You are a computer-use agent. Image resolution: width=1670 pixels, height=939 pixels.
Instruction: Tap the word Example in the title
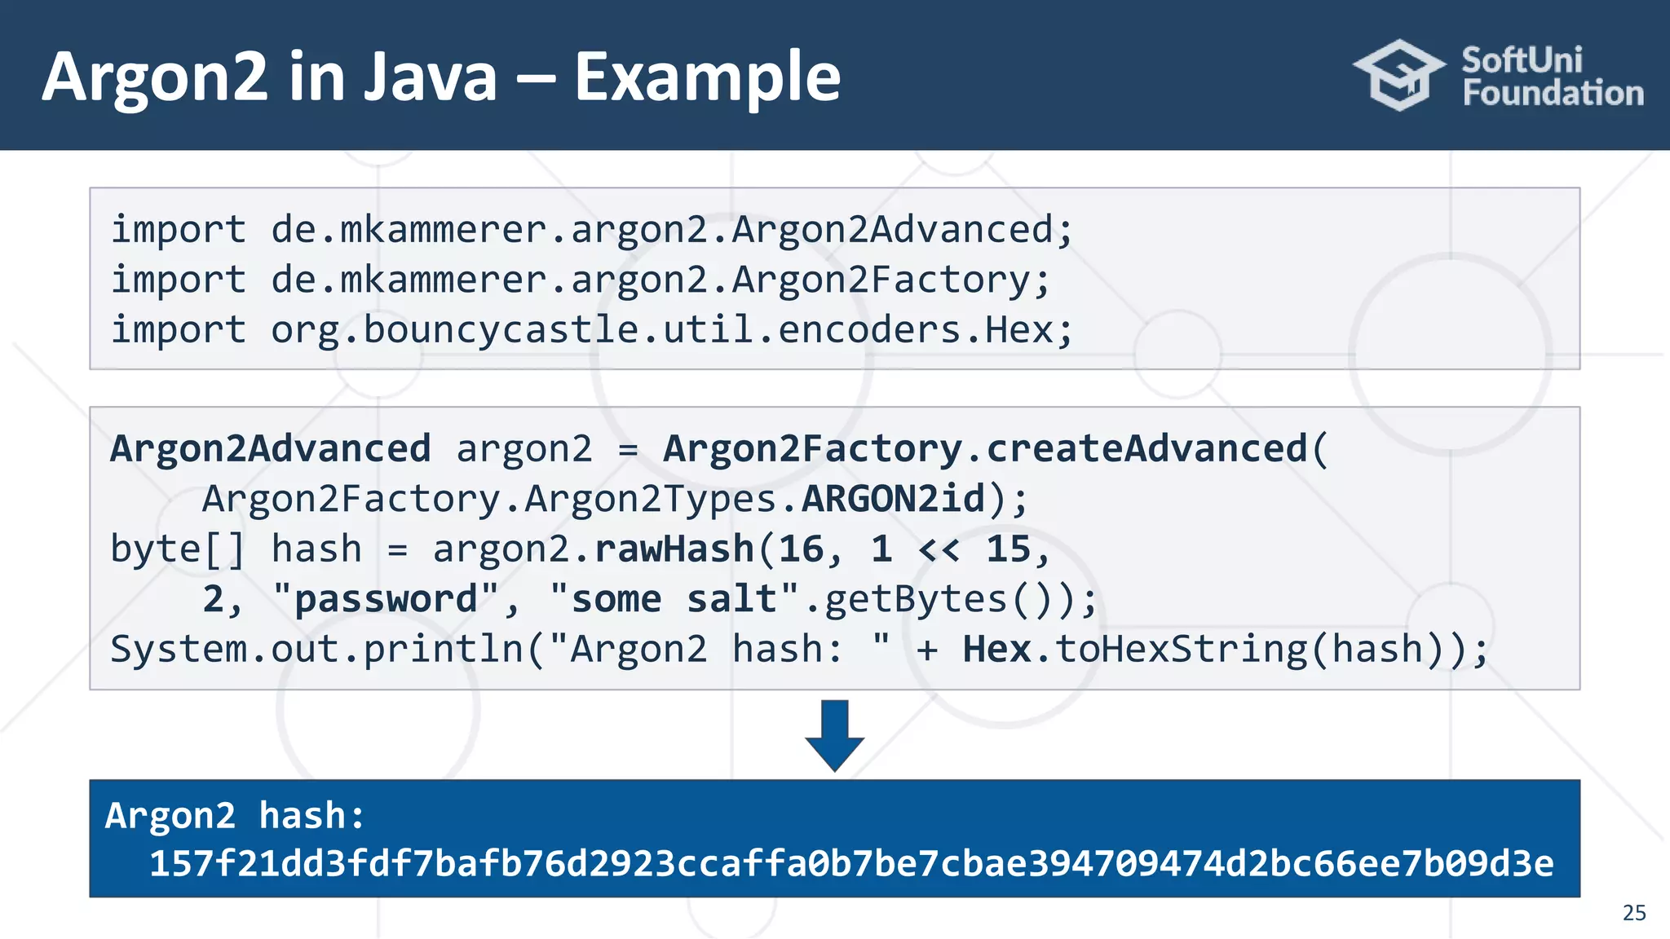pyautogui.click(x=707, y=77)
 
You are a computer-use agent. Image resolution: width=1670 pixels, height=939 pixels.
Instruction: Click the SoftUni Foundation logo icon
pyautogui.click(x=1399, y=75)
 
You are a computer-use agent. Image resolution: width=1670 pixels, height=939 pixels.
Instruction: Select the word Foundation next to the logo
pyautogui.click(x=1553, y=93)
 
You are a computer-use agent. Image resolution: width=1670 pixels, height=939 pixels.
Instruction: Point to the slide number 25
pyautogui.click(x=1633, y=912)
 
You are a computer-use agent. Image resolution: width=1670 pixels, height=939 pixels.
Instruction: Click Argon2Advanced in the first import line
pyautogui.click(x=893, y=230)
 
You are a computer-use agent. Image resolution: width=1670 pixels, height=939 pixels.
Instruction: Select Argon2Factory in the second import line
pyautogui.click(x=881, y=280)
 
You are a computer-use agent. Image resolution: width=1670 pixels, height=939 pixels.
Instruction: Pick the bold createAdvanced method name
pyautogui.click(x=1146, y=449)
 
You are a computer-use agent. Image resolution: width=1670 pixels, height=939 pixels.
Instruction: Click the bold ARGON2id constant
pyautogui.click(x=894, y=499)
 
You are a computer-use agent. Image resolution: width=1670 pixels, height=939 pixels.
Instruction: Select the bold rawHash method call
pyautogui.click(x=674, y=549)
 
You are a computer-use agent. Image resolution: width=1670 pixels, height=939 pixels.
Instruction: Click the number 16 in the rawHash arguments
pyautogui.click(x=801, y=549)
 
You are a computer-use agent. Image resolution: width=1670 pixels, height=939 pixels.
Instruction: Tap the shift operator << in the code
pyautogui.click(x=939, y=549)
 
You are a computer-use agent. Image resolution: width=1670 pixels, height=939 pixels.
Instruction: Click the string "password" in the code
pyautogui.click(x=386, y=600)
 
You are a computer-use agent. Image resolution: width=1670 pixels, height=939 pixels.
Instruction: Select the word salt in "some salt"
pyautogui.click(x=731, y=600)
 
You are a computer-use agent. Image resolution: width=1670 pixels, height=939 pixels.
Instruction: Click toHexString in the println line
pyautogui.click(x=1181, y=650)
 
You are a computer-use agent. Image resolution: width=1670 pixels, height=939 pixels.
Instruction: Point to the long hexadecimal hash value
pyautogui.click(x=850, y=864)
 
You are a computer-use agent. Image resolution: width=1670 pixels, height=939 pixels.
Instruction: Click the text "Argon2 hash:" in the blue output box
pyautogui.click(x=235, y=816)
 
